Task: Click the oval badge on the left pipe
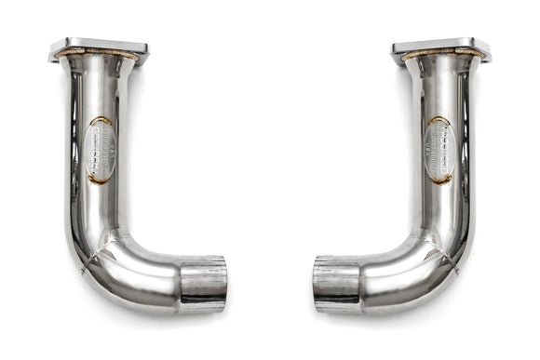tap(100, 150)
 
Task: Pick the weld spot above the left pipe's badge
tap(103, 120)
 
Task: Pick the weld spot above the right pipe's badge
tap(437, 120)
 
